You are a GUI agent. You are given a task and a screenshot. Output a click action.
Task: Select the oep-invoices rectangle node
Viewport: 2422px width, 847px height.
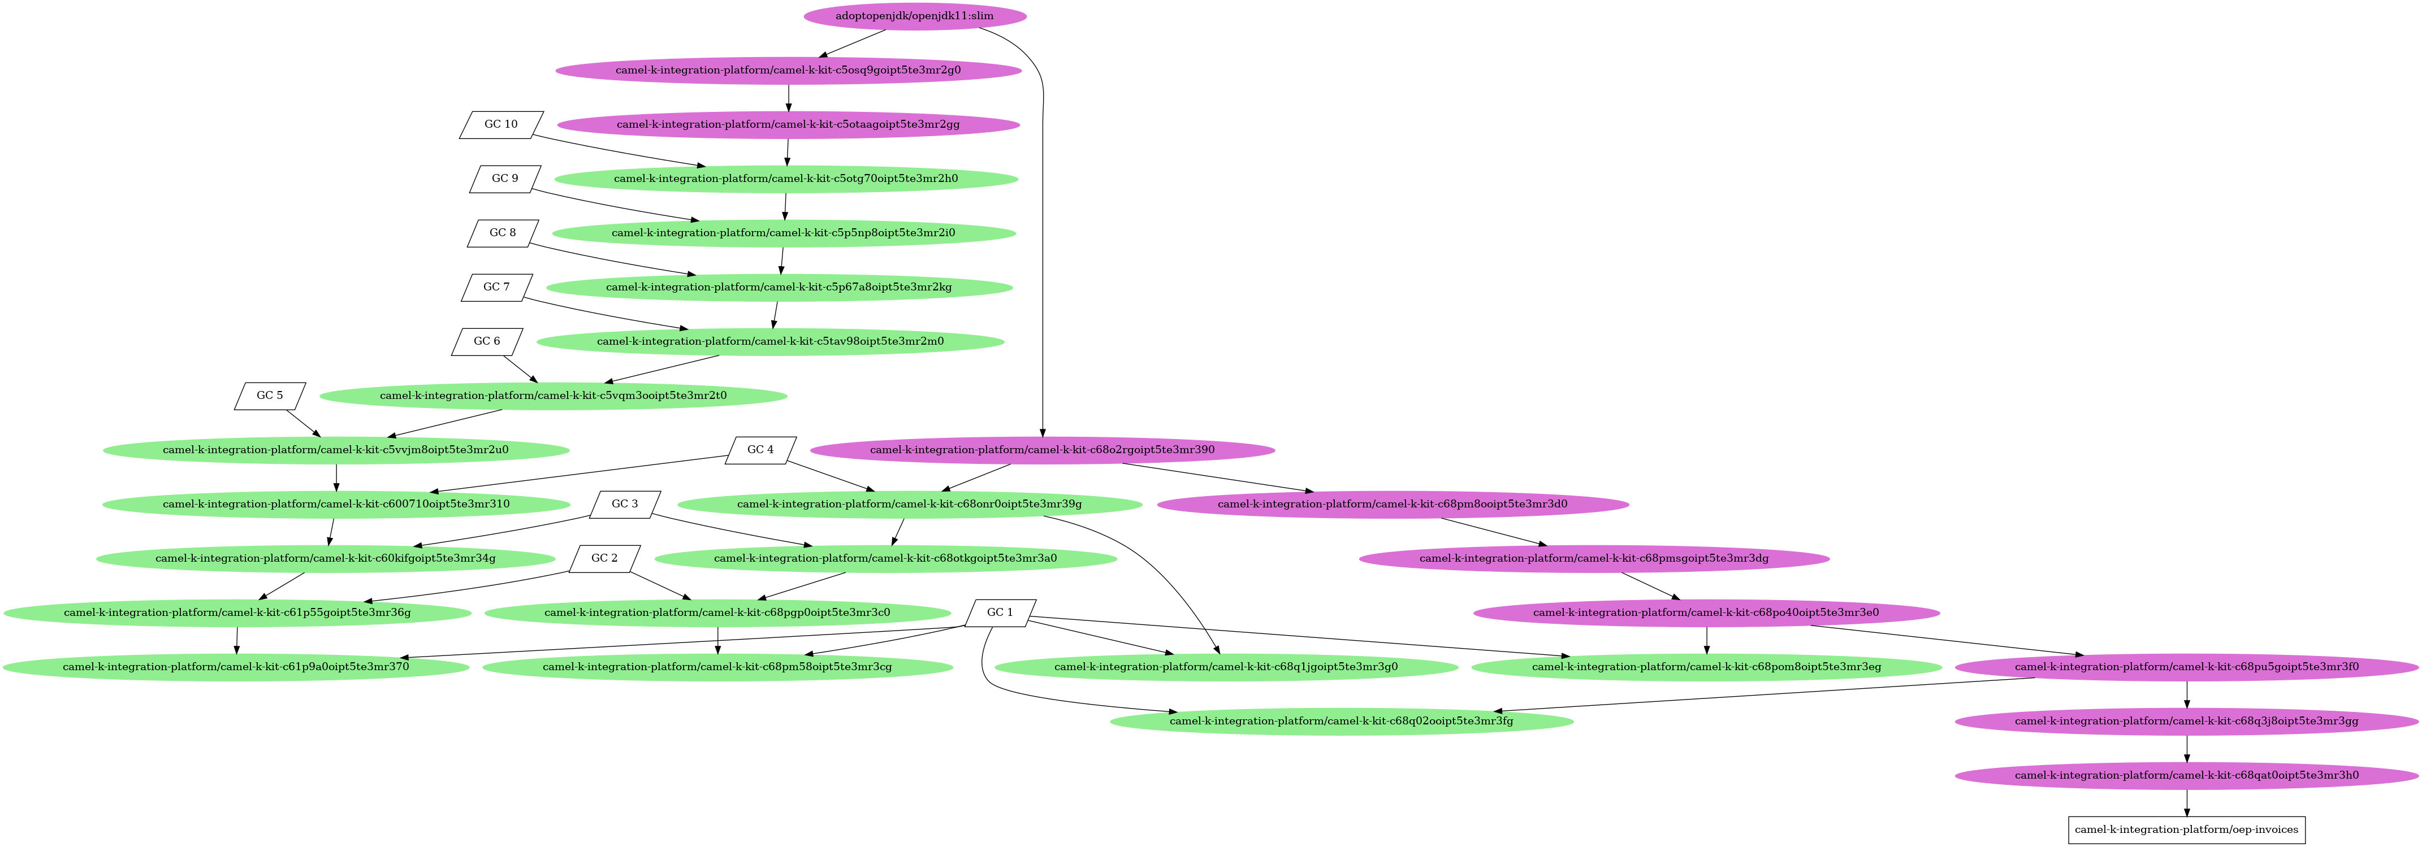2186,829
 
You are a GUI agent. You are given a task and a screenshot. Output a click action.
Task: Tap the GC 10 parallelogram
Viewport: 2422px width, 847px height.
501,125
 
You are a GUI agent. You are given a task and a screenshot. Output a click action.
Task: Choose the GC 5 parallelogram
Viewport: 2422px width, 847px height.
270,396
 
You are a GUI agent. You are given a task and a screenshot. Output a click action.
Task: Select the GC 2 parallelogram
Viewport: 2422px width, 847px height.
604,558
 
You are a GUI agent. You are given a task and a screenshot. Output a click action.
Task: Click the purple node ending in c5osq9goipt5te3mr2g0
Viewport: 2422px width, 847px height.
788,71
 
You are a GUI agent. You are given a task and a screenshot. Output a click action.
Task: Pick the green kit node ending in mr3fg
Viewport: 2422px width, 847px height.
1342,721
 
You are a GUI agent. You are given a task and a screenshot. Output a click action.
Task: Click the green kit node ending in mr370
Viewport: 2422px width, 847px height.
236,667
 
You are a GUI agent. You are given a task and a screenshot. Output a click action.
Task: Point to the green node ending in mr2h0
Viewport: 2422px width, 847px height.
786,179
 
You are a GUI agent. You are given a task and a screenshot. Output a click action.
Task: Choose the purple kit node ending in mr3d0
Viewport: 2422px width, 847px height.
1392,505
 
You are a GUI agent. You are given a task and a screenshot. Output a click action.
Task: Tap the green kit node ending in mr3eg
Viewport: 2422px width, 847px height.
1706,667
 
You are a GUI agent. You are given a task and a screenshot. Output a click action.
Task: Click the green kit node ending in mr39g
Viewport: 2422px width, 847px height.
909,505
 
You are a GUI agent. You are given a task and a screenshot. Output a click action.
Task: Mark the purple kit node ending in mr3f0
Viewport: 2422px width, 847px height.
2187,667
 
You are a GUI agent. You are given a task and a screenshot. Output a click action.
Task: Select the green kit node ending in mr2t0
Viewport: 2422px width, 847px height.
553,396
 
